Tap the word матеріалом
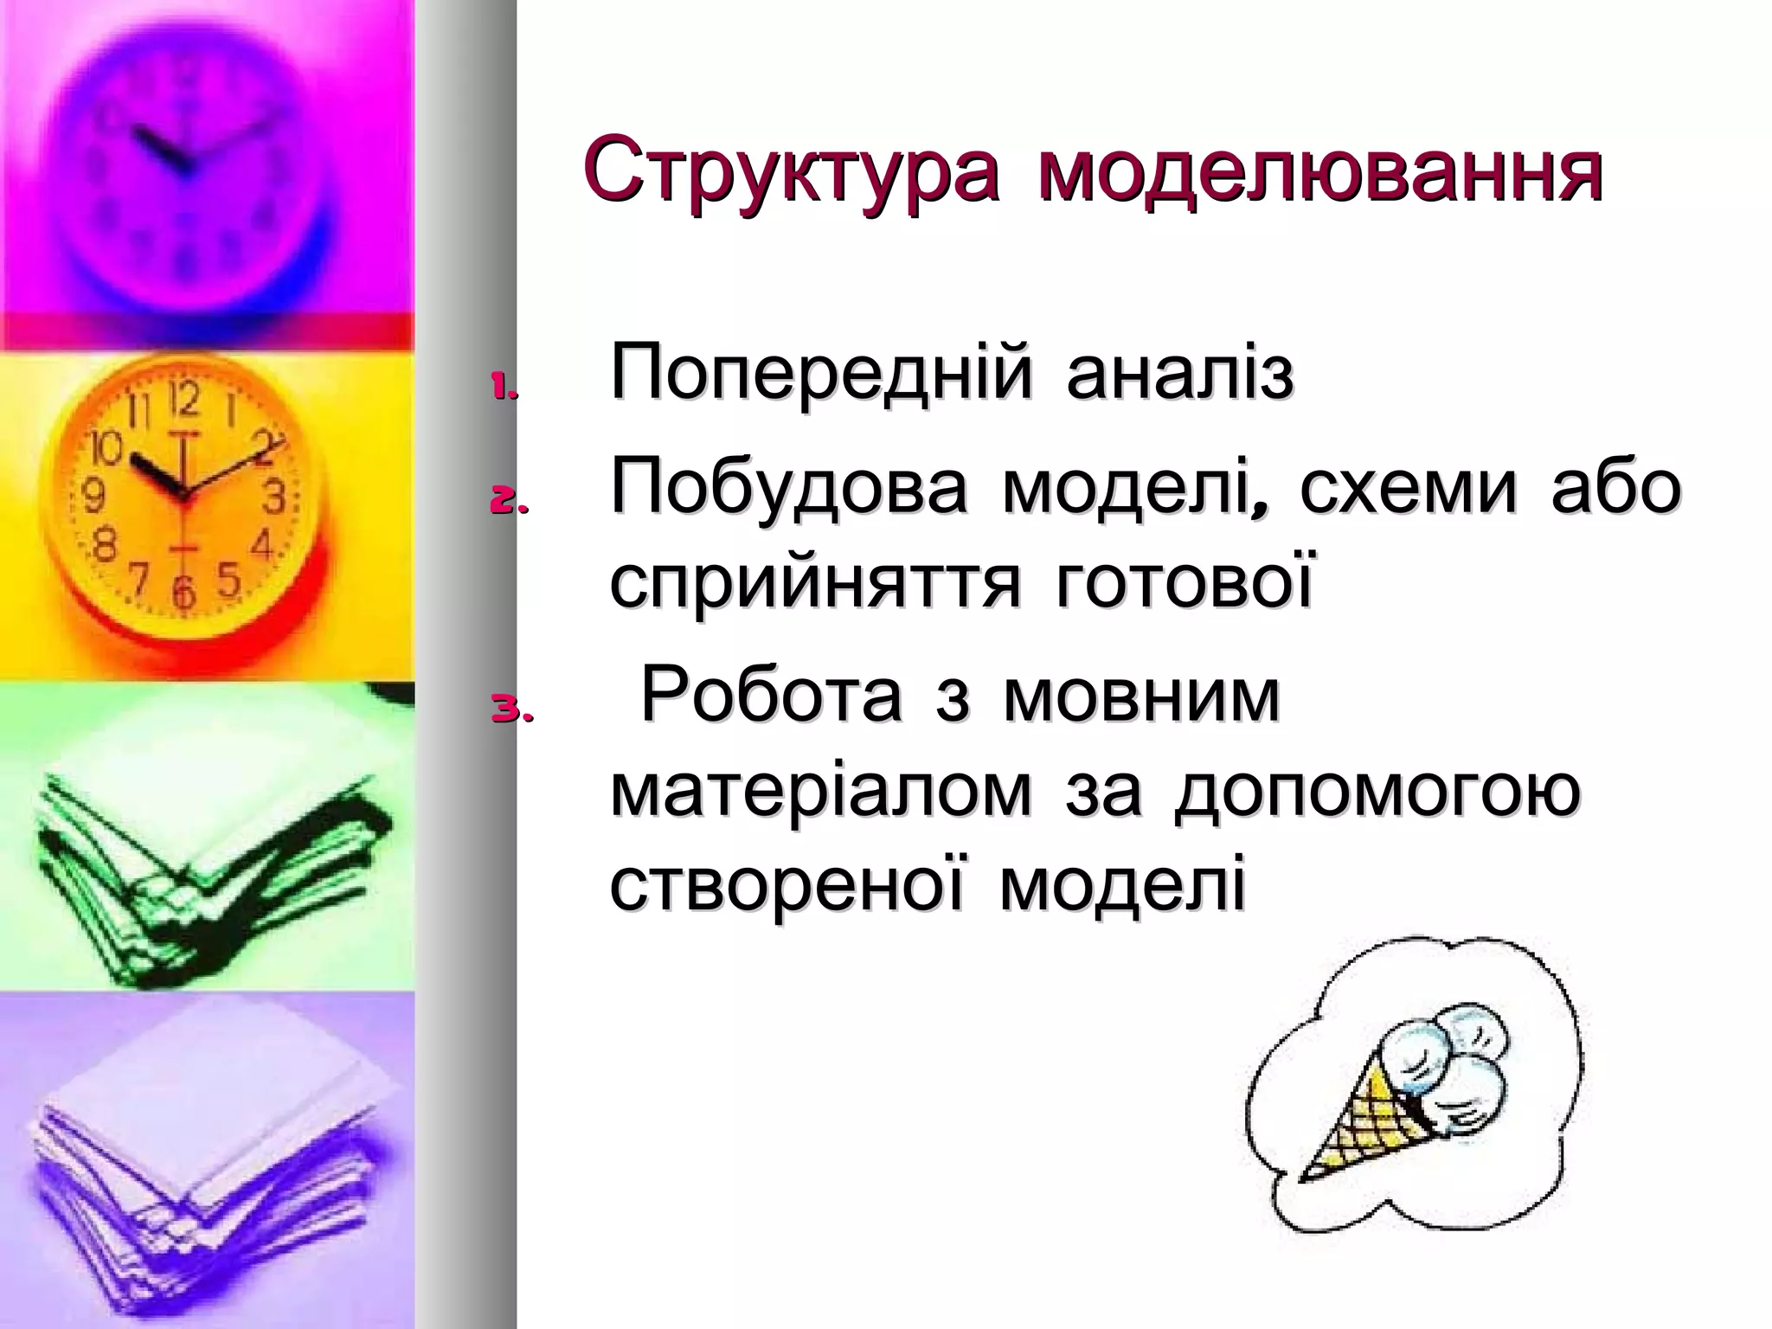click(x=821, y=792)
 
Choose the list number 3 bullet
click(x=512, y=712)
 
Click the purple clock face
click(x=186, y=156)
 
